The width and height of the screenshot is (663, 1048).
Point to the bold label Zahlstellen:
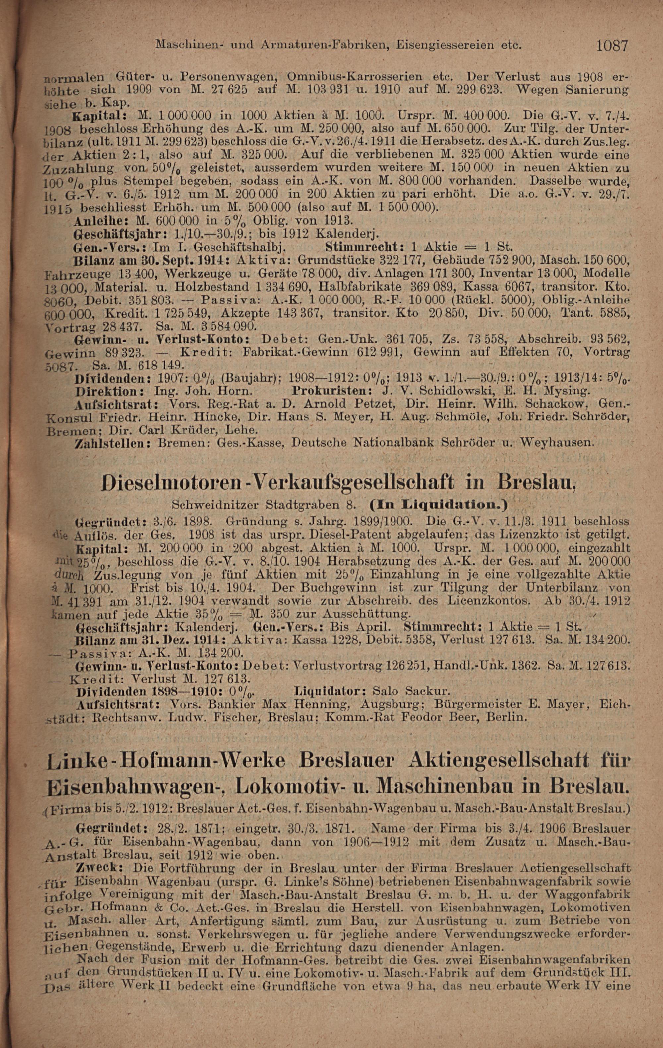tap(113, 443)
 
